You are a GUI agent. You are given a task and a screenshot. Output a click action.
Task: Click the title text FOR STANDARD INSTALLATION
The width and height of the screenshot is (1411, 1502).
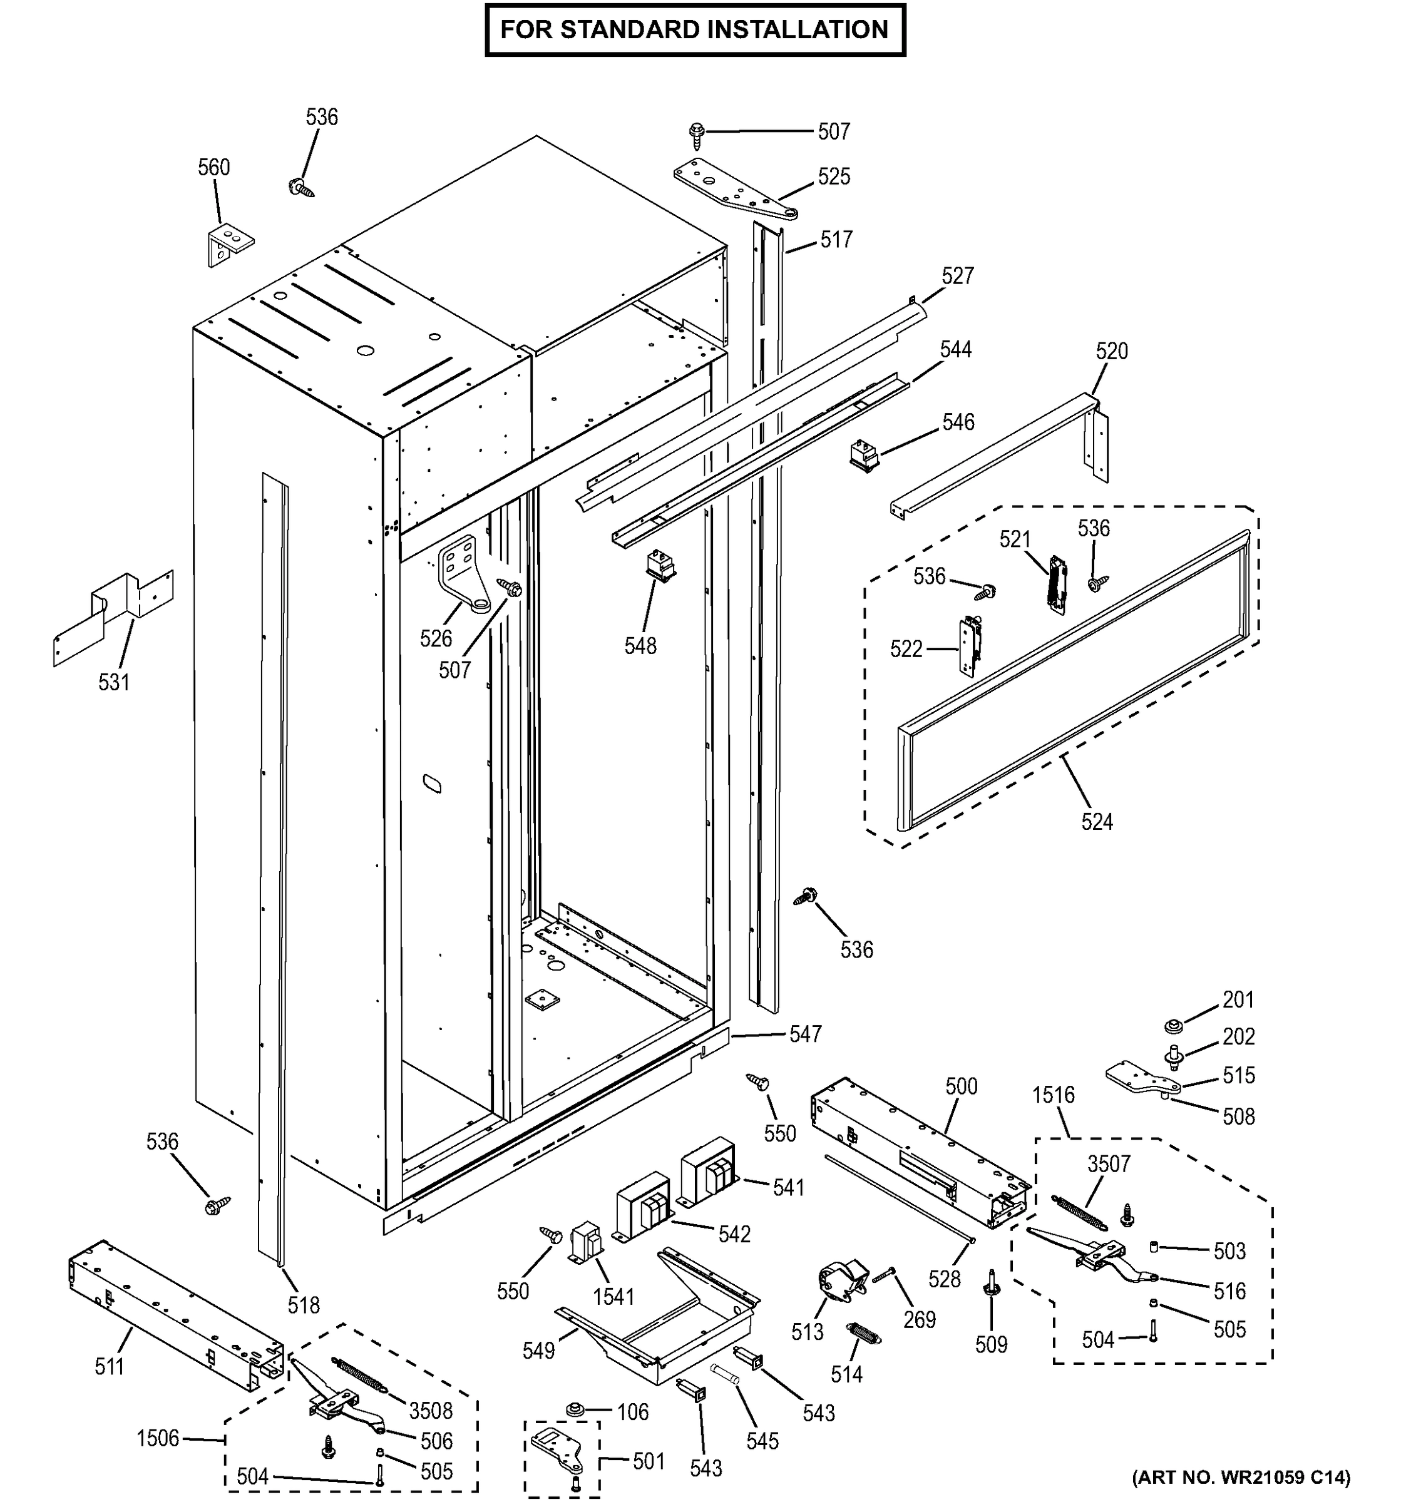694,30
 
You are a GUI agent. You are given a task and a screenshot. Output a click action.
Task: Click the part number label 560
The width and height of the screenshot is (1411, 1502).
214,167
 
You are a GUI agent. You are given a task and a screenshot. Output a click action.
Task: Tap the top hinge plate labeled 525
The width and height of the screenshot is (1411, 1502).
729,186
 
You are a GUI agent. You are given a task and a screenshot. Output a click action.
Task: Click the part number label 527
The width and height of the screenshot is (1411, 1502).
958,276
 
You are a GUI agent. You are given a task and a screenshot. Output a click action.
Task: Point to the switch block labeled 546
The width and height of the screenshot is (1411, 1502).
861,455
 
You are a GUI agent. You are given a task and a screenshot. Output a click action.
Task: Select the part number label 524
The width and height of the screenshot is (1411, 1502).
1097,821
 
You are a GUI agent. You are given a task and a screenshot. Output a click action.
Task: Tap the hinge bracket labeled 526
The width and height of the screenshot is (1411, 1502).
463,572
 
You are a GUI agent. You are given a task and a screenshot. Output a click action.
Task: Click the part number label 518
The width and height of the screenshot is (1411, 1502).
303,1305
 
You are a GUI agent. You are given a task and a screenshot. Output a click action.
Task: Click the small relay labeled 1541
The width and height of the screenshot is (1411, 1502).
586,1243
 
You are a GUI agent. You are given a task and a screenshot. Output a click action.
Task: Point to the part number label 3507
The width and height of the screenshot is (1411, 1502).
1109,1163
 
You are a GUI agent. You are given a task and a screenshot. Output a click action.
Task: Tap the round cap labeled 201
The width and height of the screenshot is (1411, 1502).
1173,1027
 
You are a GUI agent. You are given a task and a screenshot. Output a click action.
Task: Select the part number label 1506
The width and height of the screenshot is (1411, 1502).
158,1438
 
